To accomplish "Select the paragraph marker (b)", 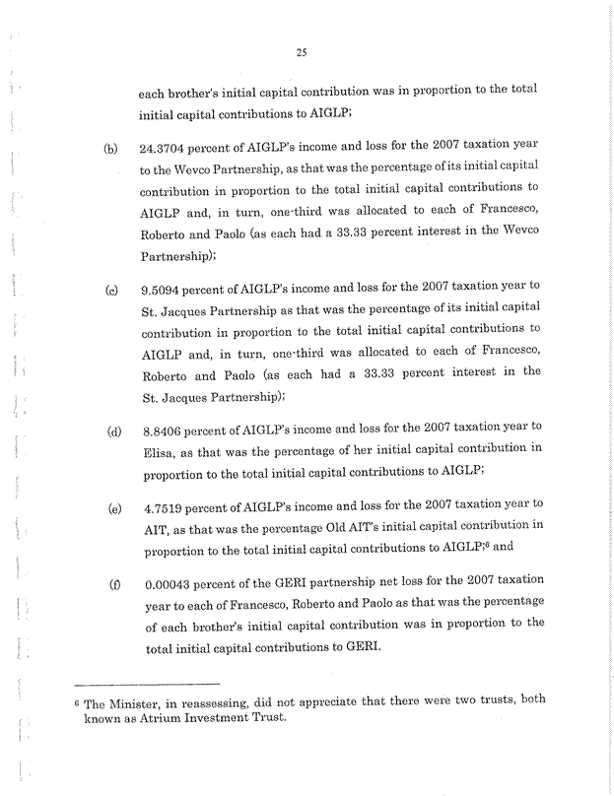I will coord(110,151).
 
